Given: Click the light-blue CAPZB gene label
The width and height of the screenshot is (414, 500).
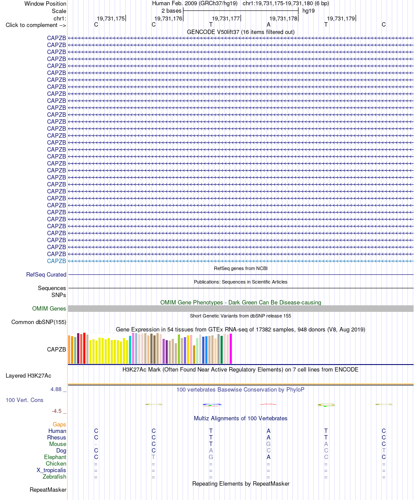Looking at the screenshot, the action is (57, 261).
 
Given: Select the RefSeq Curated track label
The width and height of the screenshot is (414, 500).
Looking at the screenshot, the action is (46, 274).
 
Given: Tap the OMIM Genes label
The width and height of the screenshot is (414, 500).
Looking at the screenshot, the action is (49, 308).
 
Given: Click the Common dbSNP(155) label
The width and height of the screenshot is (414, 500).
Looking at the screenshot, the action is (39, 322).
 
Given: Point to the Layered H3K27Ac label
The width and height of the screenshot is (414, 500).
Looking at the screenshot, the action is (28, 375).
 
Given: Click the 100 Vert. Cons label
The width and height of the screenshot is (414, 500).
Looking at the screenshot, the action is (24, 400).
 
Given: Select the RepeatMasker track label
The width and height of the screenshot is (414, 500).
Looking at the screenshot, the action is (48, 490).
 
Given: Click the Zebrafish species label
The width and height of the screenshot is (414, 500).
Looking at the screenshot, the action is (54, 477).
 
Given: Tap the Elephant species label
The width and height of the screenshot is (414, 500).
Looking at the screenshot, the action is (55, 457).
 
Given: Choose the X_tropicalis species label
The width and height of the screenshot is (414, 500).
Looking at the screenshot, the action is (51, 470).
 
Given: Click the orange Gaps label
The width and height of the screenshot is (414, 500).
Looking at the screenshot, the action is (59, 424).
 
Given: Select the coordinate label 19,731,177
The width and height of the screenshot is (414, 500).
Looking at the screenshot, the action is (226, 18).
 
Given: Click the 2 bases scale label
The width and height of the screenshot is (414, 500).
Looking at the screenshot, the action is (172, 11).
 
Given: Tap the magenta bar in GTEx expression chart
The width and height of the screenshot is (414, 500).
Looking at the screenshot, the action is (231, 348).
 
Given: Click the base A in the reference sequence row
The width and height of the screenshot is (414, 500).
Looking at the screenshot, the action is (268, 24).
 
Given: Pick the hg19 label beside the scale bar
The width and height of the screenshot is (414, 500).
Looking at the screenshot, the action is (309, 11).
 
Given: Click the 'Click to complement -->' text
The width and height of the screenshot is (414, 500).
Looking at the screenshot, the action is (36, 25).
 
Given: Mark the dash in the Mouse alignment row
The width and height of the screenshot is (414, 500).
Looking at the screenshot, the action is (96, 444).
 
